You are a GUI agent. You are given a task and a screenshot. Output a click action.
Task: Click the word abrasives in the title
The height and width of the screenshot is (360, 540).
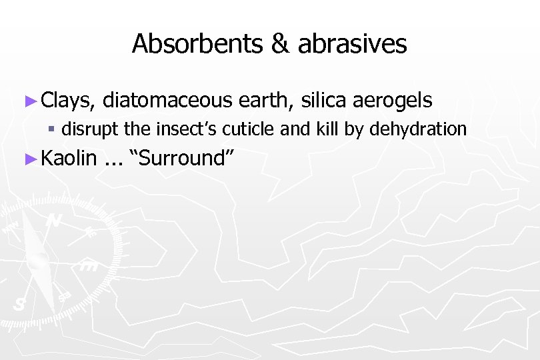pyautogui.click(x=352, y=44)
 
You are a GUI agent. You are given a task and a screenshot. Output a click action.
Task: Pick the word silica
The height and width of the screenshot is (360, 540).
pyautogui.click(x=323, y=101)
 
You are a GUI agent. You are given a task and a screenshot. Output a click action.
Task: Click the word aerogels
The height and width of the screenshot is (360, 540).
pyautogui.click(x=393, y=101)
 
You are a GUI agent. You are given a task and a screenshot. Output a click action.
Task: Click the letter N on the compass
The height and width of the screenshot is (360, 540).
pyautogui.click(x=54, y=221)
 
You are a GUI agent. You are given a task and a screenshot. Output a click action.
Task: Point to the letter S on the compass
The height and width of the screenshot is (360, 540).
pyautogui.click(x=19, y=304)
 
